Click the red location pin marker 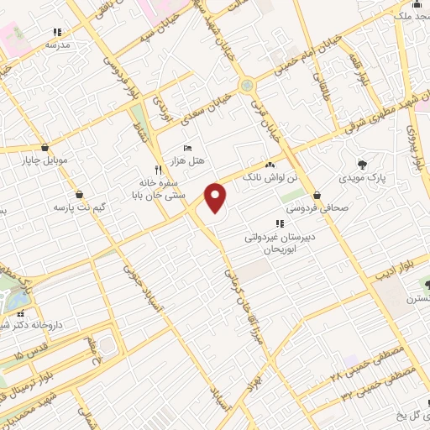pyautogui.click(x=216, y=197)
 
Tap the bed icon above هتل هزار pyautogui.click(x=186, y=149)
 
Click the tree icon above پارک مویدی pyautogui.click(x=362, y=165)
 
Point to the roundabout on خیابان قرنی pyautogui.click(x=246, y=85)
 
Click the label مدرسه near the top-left pyautogui.click(x=56, y=43)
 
